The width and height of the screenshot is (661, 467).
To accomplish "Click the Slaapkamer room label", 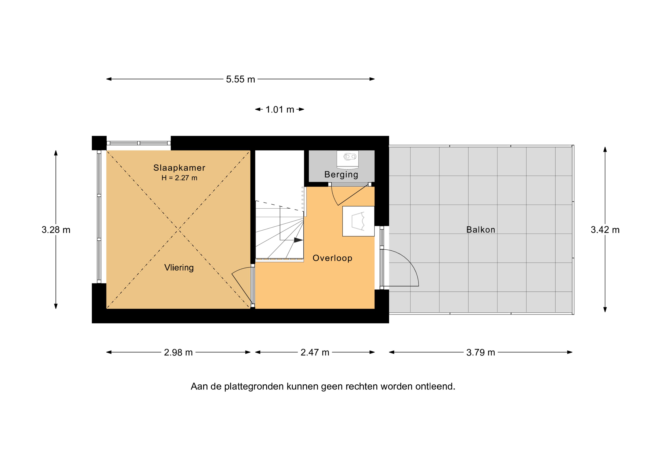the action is point(179,168).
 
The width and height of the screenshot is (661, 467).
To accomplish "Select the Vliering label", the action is point(179,268).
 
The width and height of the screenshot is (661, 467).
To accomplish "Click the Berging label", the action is point(341,175).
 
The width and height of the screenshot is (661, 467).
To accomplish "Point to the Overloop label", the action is point(332,258).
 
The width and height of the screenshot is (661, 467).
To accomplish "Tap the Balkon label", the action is point(480,230).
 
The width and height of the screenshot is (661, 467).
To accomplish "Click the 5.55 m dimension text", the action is point(240,79).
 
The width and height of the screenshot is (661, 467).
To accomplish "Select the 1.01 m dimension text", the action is point(280,110).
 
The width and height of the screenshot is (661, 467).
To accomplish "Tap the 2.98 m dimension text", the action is point(178,352).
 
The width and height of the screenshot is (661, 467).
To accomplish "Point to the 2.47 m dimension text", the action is point(315,352).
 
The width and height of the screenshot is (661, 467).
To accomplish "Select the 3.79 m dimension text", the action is point(480,352).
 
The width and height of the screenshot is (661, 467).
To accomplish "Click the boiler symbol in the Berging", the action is point(348,159).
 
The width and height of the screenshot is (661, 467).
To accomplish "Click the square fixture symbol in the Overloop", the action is point(358,221).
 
